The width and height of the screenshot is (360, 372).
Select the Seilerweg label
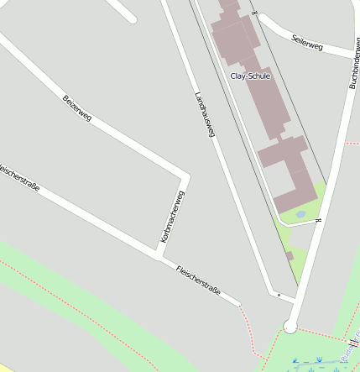coord(307,41)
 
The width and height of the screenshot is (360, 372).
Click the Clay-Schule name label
coord(251,76)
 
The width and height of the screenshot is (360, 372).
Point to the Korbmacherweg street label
coord(172,217)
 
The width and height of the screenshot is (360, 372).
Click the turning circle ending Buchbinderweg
coord(290,326)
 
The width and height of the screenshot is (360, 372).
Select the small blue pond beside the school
coord(300,214)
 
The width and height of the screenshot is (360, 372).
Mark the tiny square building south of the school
coord(289,255)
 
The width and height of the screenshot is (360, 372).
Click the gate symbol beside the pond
coord(318,220)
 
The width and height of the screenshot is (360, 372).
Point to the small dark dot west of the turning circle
coord(279,295)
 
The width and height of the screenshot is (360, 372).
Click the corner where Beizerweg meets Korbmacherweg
coord(184,176)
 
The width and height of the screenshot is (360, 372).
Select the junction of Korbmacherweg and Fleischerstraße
coord(159,253)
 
